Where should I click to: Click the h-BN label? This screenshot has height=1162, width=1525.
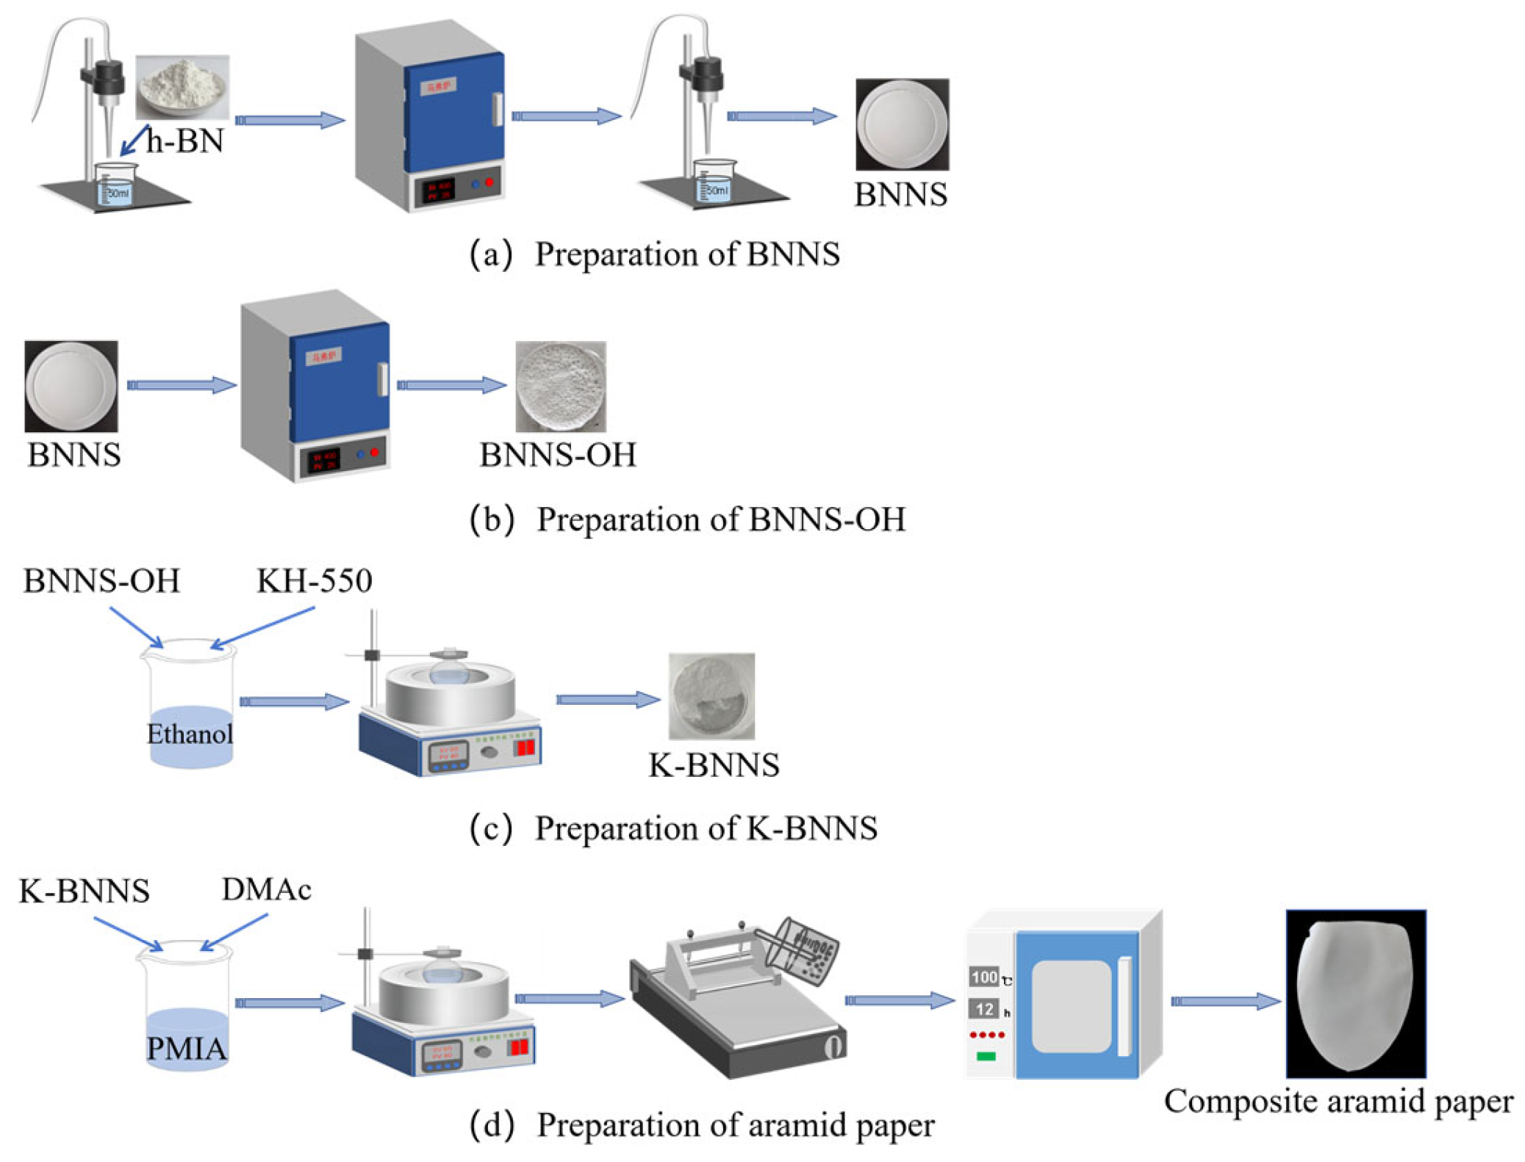click(x=184, y=140)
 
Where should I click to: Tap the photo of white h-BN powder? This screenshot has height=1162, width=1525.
click(x=182, y=87)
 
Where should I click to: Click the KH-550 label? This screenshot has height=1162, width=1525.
click(x=314, y=581)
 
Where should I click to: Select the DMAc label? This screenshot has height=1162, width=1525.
click(x=266, y=889)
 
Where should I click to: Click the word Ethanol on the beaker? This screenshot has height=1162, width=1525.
click(x=190, y=734)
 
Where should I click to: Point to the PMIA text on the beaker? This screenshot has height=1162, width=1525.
click(x=186, y=1048)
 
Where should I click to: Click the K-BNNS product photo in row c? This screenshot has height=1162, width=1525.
click(x=711, y=695)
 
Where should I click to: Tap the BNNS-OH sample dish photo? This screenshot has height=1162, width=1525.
click(x=560, y=386)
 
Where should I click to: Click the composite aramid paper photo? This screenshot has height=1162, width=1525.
click(x=1354, y=993)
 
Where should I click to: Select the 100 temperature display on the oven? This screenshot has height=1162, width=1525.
click(x=983, y=977)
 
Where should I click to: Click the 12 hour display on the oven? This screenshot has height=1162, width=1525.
click(x=984, y=1009)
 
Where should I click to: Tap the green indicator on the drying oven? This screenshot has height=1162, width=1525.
click(x=985, y=1056)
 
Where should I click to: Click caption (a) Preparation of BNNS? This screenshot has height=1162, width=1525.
click(x=654, y=254)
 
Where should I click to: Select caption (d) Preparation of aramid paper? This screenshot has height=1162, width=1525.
click(x=702, y=1125)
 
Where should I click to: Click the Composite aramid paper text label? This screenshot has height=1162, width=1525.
click(x=1338, y=1101)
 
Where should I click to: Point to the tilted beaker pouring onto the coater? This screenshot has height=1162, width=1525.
click(x=801, y=952)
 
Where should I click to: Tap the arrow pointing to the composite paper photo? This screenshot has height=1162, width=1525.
click(x=1225, y=1001)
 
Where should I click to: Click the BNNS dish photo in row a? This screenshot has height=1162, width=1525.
click(x=901, y=124)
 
